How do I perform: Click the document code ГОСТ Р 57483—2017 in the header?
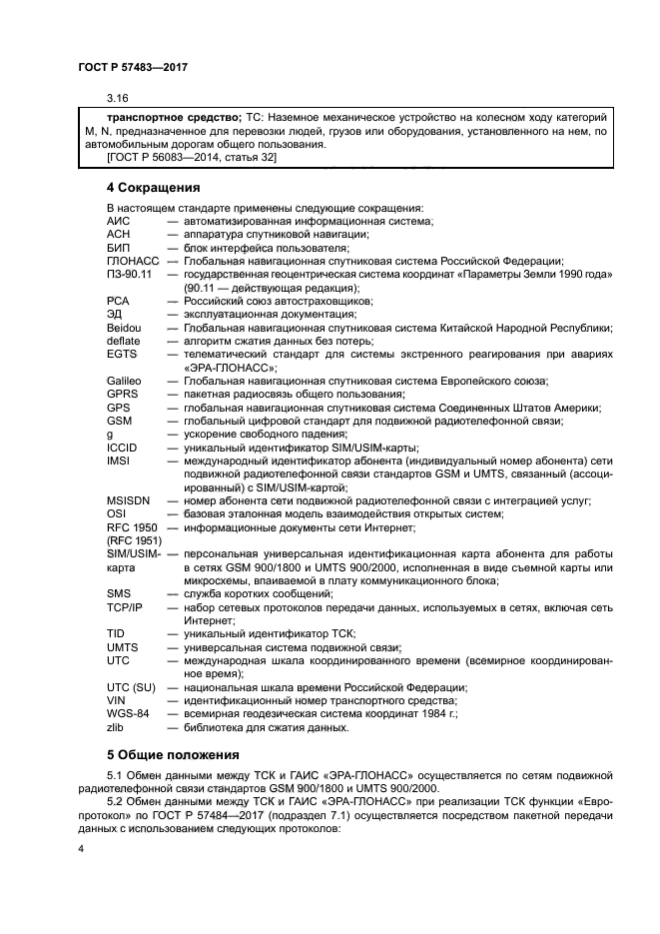point(132,66)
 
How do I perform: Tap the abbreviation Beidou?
point(124,327)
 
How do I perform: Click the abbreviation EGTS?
point(121,354)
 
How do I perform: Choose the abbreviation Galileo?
point(124,381)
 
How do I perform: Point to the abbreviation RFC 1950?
point(131,526)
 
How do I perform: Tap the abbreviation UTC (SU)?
point(130,687)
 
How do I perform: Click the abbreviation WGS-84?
point(127,713)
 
